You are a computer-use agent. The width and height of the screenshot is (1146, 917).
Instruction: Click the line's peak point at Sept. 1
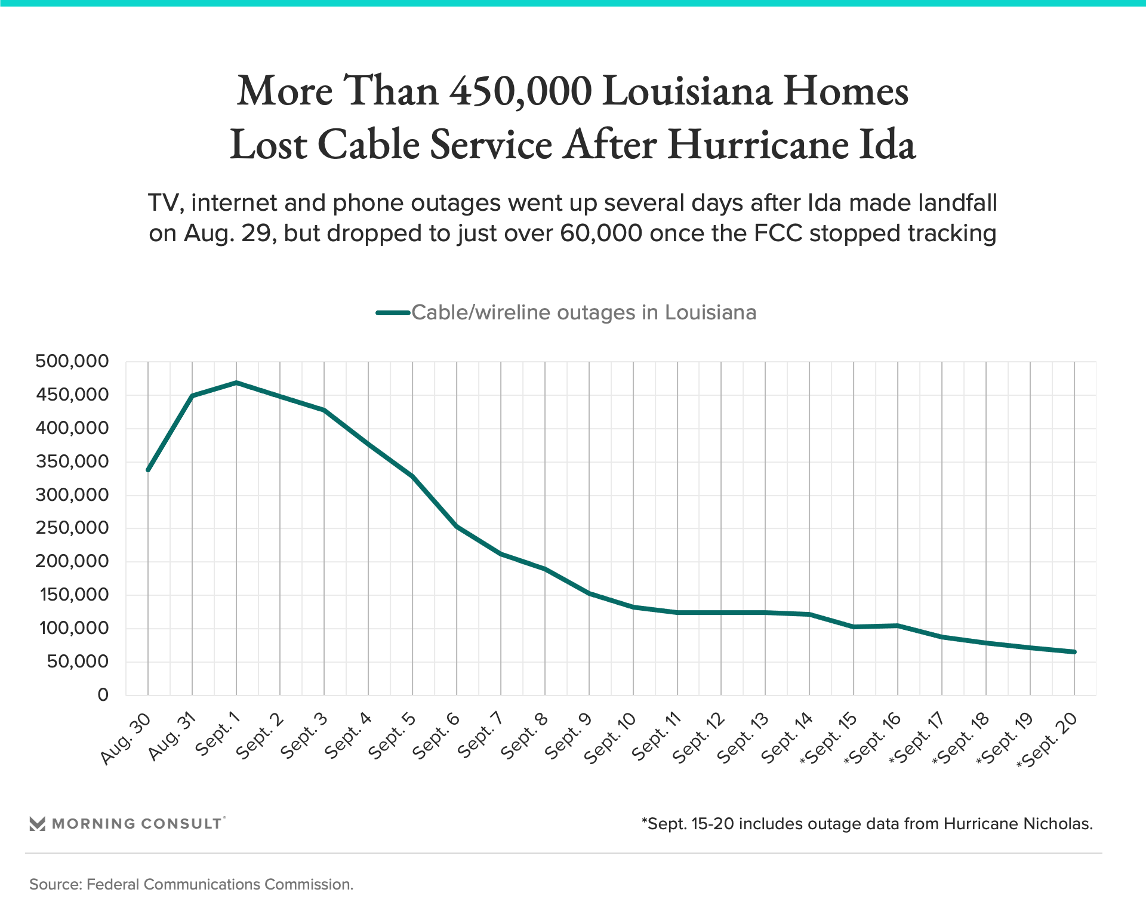point(236,382)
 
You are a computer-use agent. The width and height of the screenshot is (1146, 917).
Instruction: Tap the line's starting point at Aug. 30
point(148,470)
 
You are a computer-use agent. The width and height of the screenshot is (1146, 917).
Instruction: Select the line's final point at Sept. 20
point(1074,652)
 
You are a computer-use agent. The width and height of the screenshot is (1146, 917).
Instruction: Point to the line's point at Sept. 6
point(457,527)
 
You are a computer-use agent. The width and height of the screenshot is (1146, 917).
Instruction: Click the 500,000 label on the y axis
point(72,361)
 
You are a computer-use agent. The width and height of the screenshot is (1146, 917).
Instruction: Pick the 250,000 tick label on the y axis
point(72,528)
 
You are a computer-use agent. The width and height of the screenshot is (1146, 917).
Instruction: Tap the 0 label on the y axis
point(103,695)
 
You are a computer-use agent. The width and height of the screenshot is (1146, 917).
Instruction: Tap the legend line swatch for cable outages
point(393,313)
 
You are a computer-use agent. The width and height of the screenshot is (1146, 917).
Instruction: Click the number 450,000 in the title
point(520,91)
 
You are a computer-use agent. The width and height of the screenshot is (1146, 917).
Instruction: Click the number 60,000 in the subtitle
point(601,233)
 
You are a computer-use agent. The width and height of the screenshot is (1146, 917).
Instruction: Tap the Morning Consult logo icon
point(38,824)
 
